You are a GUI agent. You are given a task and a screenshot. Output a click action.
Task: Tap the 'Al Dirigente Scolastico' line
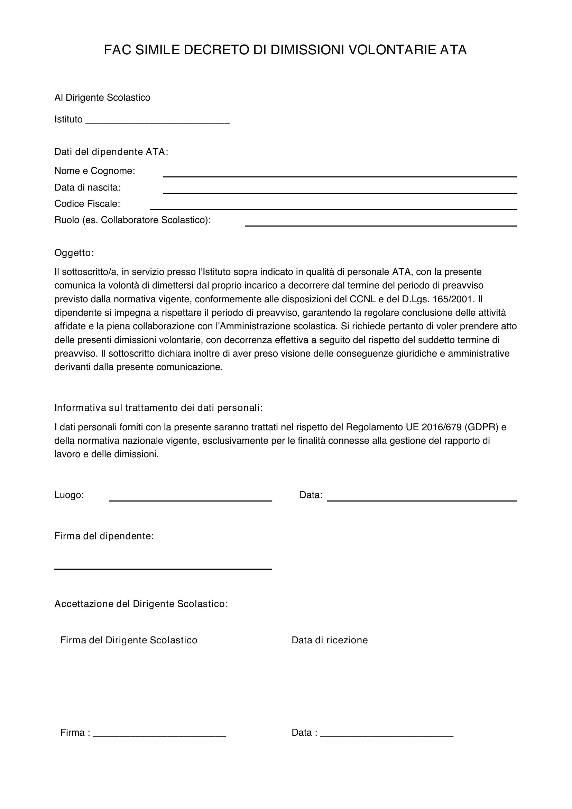[x=102, y=98]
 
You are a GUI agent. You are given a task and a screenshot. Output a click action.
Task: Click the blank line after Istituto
[x=157, y=121]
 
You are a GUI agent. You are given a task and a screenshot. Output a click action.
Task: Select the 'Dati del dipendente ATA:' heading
[x=111, y=152]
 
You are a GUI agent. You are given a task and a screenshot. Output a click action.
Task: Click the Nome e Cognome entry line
[x=340, y=176]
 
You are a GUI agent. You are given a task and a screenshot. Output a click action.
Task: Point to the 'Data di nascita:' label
[x=87, y=187]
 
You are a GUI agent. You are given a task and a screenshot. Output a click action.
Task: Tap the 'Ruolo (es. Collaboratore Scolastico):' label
[x=132, y=220]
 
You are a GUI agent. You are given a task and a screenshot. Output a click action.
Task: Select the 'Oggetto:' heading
[x=74, y=252]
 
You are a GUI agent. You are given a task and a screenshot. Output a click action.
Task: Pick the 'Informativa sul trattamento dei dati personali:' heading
[x=158, y=408]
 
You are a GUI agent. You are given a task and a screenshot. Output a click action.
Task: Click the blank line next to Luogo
[x=190, y=500]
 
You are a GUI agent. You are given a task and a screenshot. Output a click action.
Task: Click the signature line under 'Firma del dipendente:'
[x=163, y=568]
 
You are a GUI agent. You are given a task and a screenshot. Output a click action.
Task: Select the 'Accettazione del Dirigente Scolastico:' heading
[x=141, y=604]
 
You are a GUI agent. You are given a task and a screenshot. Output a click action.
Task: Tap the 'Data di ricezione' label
[x=329, y=640]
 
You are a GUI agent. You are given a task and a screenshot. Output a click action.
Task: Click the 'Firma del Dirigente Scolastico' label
[x=129, y=640]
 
